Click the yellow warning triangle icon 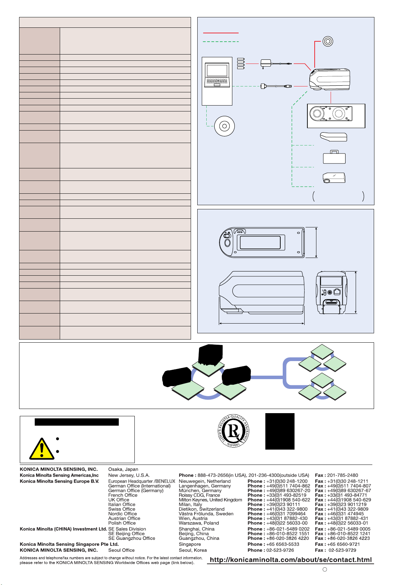click(42, 449)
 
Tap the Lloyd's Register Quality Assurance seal click(233, 431)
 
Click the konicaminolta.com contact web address click(291, 560)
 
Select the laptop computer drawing click(217, 75)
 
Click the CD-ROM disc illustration click(224, 126)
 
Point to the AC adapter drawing click(276, 64)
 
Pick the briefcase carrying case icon click(334, 157)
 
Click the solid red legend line click(221, 33)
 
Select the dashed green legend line click(221, 42)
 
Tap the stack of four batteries click(241, 64)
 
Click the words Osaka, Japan click(123, 469)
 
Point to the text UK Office click(118, 500)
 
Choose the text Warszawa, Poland click(195, 523)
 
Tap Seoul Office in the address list click(122, 550)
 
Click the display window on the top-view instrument click(260, 243)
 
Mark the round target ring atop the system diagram click(328, 41)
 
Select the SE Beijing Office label click(126, 534)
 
